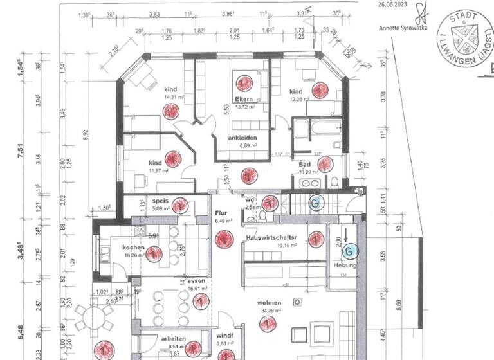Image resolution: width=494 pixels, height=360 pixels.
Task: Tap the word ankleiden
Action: [243, 138]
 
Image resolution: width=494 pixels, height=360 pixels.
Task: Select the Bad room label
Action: [305, 165]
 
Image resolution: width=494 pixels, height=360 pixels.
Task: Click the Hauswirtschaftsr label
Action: [271, 238]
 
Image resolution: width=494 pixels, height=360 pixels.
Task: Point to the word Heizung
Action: [345, 265]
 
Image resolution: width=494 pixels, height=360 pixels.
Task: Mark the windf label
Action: [224, 336]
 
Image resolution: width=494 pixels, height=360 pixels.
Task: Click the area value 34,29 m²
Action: [271, 311]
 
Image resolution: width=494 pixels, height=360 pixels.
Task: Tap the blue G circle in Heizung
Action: [348, 249]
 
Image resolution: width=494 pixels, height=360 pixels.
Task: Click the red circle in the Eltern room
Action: [243, 82]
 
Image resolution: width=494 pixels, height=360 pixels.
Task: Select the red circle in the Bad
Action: [325, 165]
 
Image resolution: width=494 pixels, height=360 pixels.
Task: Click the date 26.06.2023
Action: [393, 3]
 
